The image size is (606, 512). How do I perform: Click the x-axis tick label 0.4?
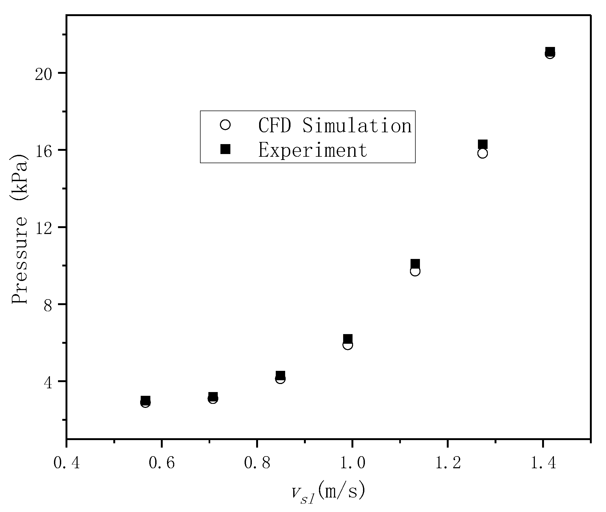click(x=67, y=463)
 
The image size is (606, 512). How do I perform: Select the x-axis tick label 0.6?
click(x=162, y=463)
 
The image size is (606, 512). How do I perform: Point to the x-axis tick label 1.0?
click(x=353, y=463)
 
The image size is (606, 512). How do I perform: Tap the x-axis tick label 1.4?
click(x=543, y=463)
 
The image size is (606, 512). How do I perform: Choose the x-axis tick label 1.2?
click(x=448, y=463)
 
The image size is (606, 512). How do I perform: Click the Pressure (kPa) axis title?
click(x=19, y=229)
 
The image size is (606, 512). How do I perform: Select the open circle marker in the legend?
click(x=225, y=125)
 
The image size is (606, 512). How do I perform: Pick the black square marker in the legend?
click(x=225, y=149)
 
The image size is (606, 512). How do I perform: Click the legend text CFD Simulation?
click(x=335, y=126)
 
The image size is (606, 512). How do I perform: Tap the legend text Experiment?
click(x=313, y=150)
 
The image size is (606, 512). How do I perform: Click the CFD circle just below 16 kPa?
click(x=482, y=153)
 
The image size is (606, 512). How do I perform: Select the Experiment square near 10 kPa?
click(x=415, y=264)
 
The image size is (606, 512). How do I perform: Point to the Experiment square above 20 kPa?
click(x=550, y=51)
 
